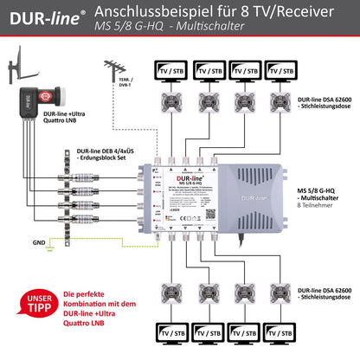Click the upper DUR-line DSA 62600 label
pos(325,102)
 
